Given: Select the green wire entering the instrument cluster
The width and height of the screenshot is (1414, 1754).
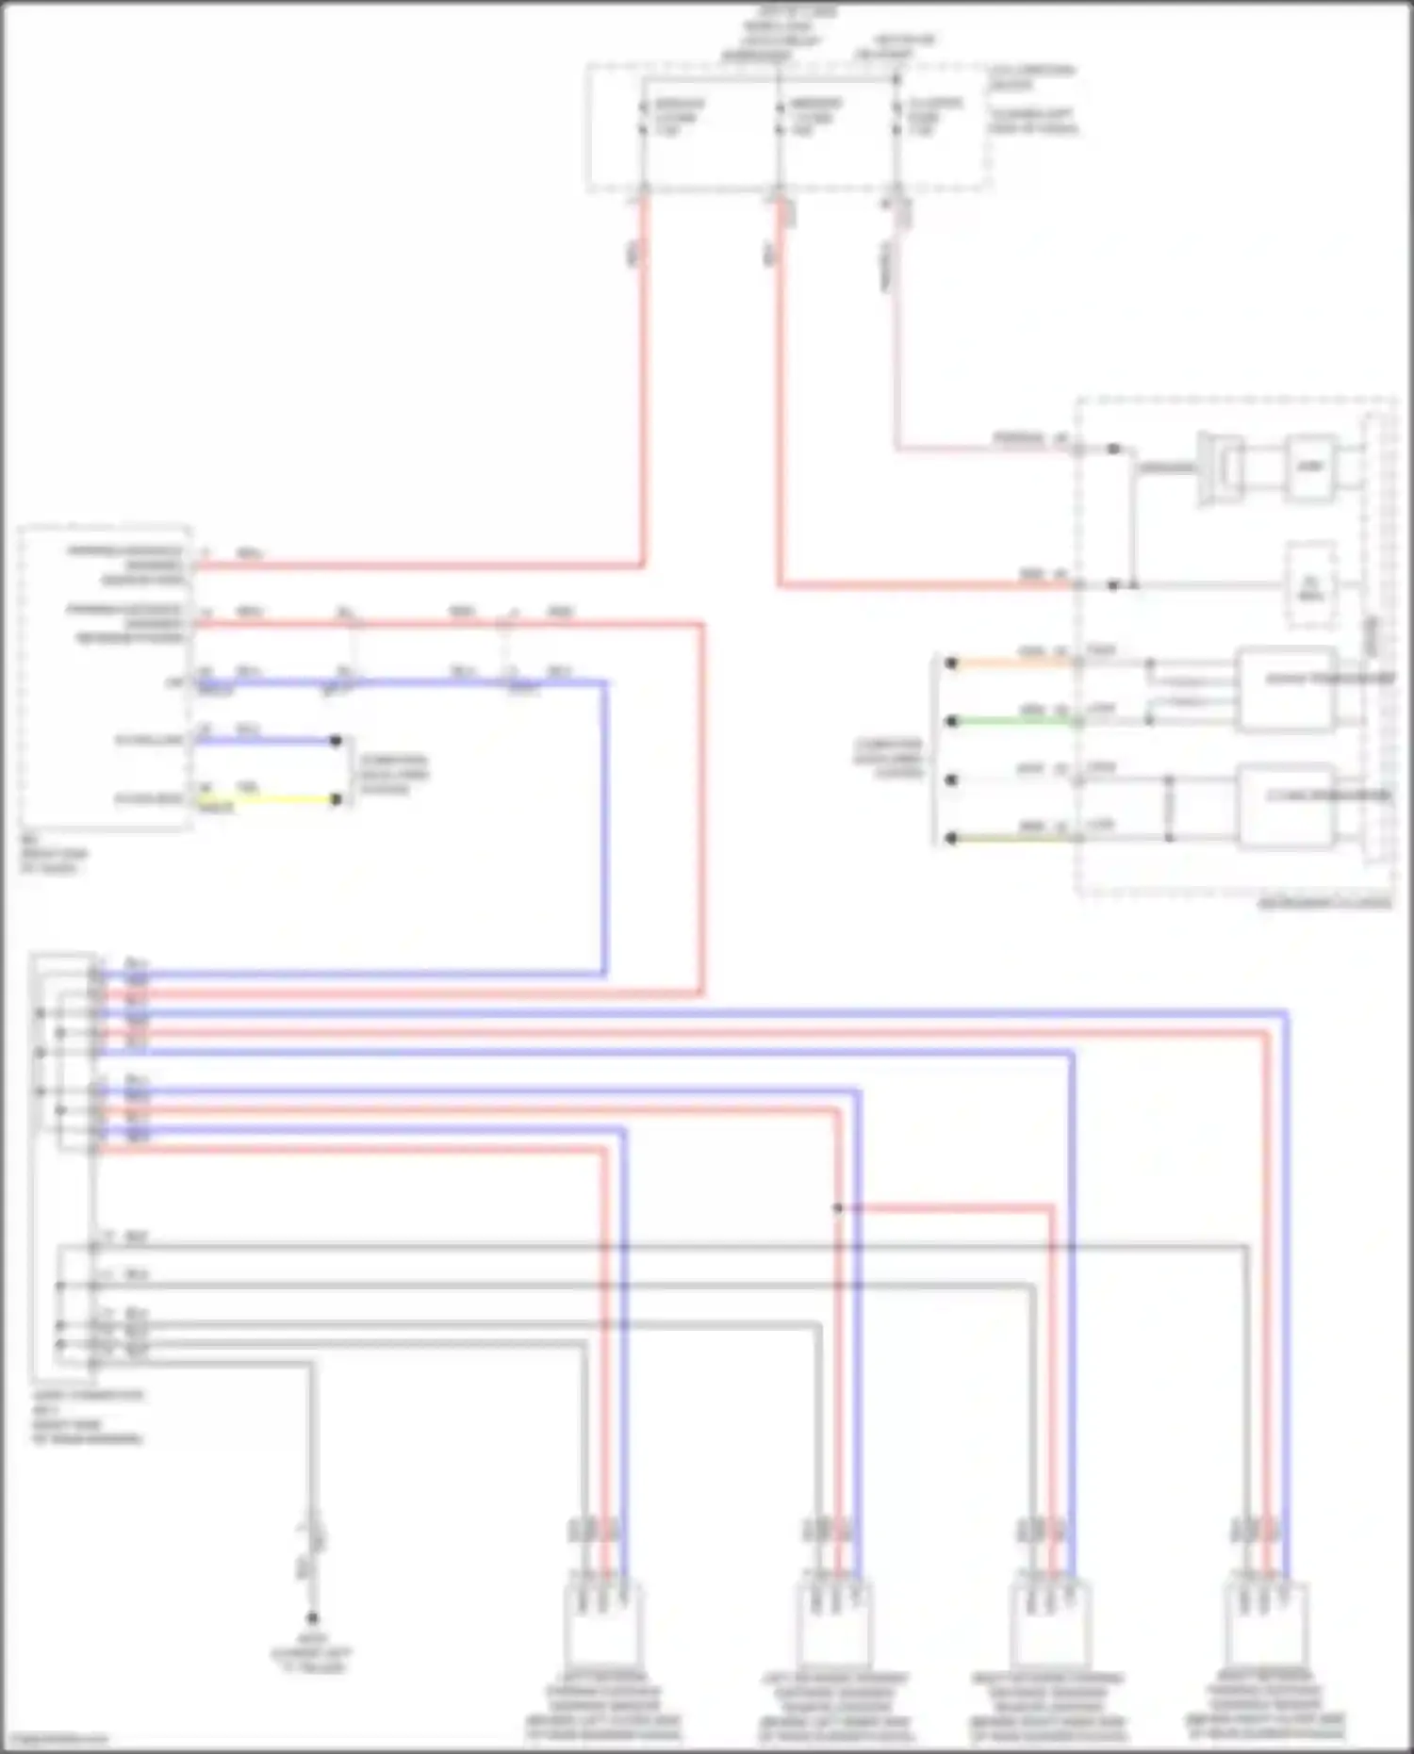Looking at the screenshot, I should pyautogui.click(x=1013, y=721).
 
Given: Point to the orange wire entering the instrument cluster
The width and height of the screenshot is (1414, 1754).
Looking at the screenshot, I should pyautogui.click(x=1013, y=663).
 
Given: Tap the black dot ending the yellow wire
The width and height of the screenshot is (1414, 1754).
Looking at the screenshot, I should pyautogui.click(x=336, y=799).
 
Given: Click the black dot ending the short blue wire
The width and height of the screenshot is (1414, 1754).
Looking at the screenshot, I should pyautogui.click(x=336, y=741).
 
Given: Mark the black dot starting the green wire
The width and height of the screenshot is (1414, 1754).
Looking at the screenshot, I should pyautogui.click(x=952, y=721).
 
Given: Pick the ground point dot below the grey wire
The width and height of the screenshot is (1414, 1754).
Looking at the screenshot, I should pyautogui.click(x=312, y=1617).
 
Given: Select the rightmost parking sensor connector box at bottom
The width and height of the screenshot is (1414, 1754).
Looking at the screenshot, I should pyautogui.click(x=1265, y=1623).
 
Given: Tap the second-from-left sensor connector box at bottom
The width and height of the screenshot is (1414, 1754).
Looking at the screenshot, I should pyautogui.click(x=834, y=1623).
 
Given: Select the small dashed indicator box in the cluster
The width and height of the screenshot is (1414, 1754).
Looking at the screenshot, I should pyautogui.click(x=1311, y=585).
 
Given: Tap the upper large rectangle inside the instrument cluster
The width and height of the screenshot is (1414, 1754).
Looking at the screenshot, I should pyautogui.click(x=1286, y=690).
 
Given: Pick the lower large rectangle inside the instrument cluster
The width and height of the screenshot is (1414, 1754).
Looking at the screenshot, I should pyautogui.click(x=1286, y=807).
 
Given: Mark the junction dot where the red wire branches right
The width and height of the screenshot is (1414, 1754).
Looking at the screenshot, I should pyautogui.click(x=837, y=1207).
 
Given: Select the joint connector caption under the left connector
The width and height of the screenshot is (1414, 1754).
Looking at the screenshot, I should pyautogui.click(x=87, y=1417).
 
